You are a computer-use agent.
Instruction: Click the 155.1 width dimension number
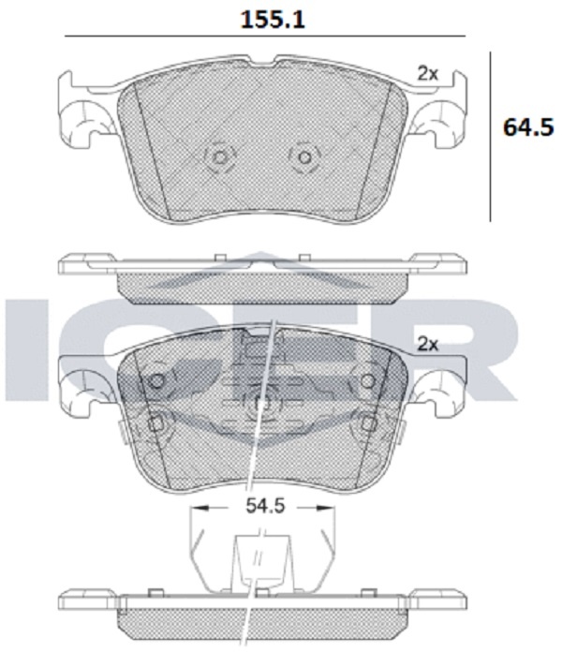[273, 20]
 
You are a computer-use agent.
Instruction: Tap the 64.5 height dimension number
[528, 127]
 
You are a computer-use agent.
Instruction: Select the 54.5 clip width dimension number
[265, 506]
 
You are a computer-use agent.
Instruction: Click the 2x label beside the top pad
[428, 74]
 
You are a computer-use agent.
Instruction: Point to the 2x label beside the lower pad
[428, 344]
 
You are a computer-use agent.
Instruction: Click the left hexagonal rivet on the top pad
[219, 157]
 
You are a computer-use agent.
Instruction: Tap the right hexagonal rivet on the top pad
[304, 157]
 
